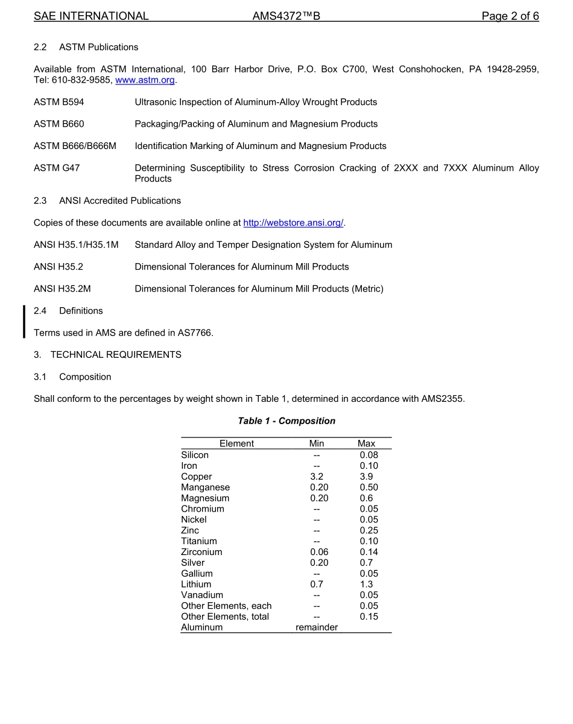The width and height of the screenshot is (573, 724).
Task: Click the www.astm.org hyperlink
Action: pos(145,80)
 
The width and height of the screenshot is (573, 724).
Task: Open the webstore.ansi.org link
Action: pos(293,223)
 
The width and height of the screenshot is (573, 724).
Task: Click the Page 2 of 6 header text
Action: pos(510,16)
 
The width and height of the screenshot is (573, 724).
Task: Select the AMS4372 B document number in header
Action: pos(286,16)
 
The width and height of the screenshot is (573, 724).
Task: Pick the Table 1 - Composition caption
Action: pos(286,421)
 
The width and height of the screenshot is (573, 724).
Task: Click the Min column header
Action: pos(317,443)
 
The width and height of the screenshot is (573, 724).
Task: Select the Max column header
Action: pos(366,443)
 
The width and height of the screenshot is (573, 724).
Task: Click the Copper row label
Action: pos(197,477)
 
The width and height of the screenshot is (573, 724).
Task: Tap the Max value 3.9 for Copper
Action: pos(366,477)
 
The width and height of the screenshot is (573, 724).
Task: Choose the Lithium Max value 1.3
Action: pos(366,584)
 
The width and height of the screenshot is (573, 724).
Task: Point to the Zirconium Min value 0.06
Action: pos(319,552)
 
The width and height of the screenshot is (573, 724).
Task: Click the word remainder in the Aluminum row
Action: pos(317,627)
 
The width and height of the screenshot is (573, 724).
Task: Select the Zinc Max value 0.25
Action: pos(369,530)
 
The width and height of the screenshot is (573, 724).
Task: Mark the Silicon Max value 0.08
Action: pos(369,455)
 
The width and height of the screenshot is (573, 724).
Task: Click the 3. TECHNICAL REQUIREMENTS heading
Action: pos(107,355)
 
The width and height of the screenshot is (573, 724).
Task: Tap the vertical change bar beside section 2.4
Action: pos(24,322)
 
